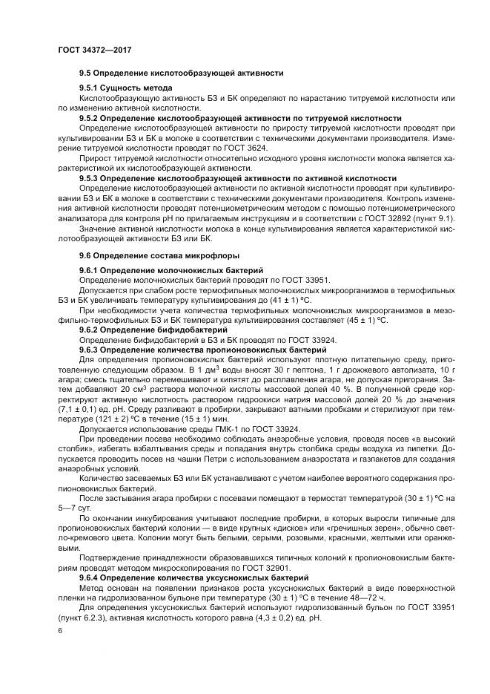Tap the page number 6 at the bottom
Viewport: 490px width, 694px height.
pos(60,630)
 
